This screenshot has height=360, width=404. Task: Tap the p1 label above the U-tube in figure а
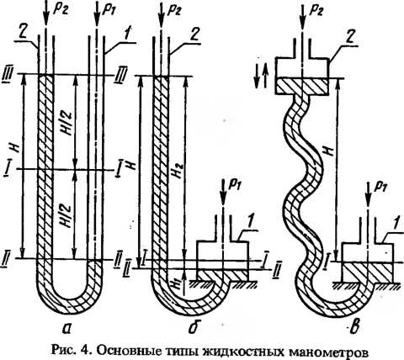pos(110,11)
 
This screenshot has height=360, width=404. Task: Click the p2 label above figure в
pos(316,11)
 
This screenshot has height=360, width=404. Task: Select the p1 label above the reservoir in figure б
pos(235,187)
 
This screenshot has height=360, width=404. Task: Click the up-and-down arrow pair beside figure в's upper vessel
pos(261,77)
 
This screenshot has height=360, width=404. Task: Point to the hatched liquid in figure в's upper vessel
pos(301,87)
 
